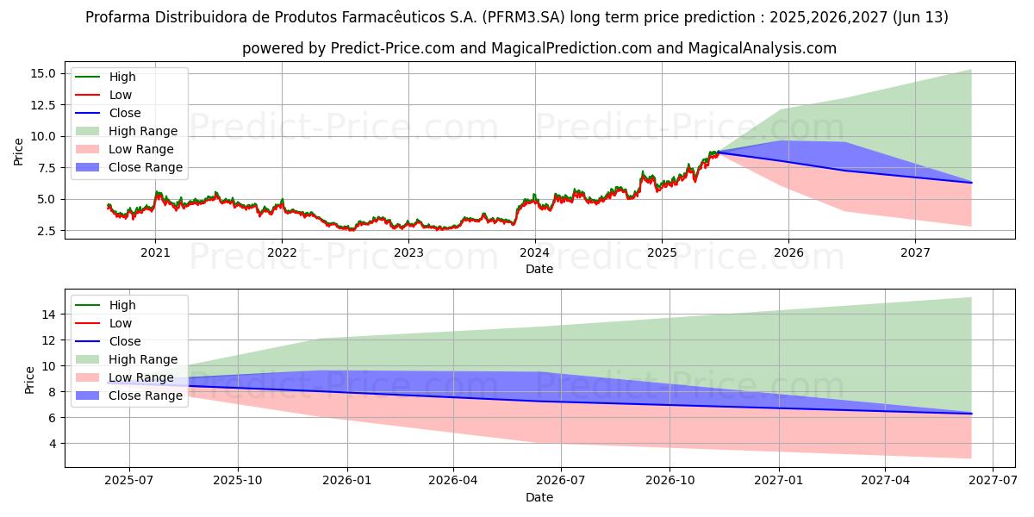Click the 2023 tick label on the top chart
click(408, 252)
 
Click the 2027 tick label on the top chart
click(915, 252)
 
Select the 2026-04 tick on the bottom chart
click(453, 481)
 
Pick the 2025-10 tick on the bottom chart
click(238, 481)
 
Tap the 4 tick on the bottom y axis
click(53, 444)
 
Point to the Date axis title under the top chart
click(539, 269)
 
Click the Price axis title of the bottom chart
click(30, 379)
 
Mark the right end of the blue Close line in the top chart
click(971, 183)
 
